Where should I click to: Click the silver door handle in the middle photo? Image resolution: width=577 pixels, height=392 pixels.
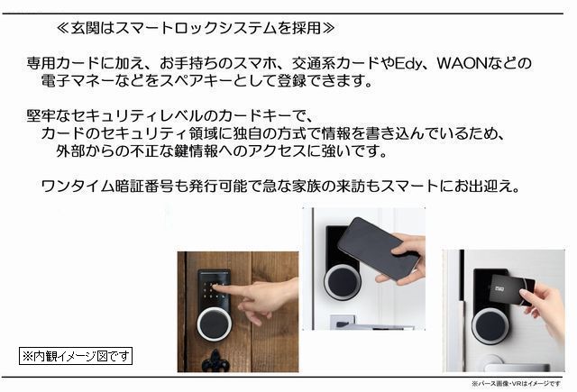tap(347, 322)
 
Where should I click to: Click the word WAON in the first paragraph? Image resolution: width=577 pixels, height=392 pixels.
tap(463, 64)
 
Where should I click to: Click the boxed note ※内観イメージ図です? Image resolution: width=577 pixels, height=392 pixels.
tap(77, 356)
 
